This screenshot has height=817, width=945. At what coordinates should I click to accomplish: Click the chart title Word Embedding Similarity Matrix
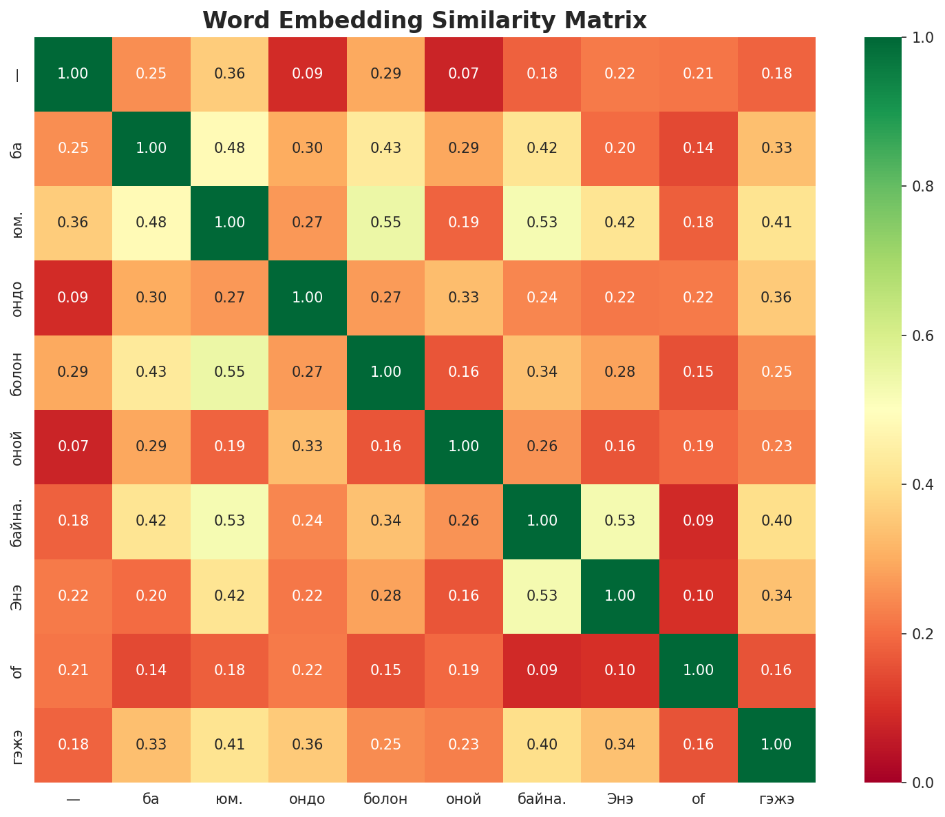425,21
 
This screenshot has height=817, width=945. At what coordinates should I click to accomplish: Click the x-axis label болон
385,799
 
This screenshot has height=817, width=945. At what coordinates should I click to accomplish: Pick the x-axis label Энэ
620,799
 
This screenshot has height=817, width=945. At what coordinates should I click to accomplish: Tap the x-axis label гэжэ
776,799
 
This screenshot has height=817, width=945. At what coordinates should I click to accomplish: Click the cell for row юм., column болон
385,223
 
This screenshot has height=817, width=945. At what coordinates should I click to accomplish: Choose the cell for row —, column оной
464,74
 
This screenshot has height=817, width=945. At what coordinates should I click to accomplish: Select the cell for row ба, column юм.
229,148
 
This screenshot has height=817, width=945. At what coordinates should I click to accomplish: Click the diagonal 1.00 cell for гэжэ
776,745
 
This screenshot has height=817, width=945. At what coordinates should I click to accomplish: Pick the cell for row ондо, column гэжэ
776,298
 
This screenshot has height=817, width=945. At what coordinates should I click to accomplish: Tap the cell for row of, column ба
151,670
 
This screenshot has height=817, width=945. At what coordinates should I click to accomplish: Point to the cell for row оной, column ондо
308,446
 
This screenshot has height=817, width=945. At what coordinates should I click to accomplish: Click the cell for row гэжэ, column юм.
229,745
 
